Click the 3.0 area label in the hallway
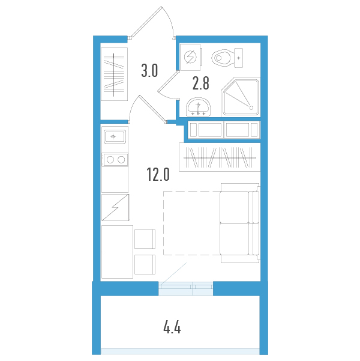pos(149,71)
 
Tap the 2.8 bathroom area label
pos(200,82)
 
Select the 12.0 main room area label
pos(158,175)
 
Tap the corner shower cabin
pos(240,97)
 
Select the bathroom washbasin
pos(198,107)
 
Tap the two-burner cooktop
pos(114,159)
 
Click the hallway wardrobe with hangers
pos(114,74)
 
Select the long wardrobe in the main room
pos(220,157)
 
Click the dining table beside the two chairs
pos(117,252)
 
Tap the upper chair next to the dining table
pos(145,238)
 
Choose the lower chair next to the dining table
pos(145,265)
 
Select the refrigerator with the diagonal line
pos(115,208)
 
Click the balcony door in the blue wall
pos(185,288)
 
